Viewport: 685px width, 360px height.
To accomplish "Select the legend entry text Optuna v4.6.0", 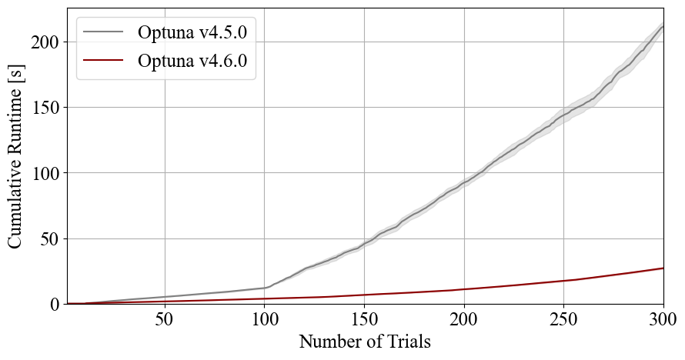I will [x=196, y=62].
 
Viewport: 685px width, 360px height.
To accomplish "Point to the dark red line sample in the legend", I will [x=103, y=62].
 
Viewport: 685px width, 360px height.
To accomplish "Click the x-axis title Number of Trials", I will [x=365, y=341].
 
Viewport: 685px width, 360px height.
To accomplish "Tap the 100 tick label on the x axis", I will [x=265, y=319].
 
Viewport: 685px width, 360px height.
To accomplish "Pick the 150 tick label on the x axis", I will [x=365, y=319].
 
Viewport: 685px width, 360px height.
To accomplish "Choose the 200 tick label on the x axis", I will [x=464, y=319].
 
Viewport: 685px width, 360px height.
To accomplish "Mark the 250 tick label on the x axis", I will [x=564, y=319].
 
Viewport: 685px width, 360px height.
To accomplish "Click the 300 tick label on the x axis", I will [x=663, y=319].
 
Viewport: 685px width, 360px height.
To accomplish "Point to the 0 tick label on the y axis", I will [x=55, y=305].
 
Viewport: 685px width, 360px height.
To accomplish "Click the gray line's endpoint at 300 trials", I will [x=663, y=27].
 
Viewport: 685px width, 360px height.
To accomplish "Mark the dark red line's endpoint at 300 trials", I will [x=663, y=268].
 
